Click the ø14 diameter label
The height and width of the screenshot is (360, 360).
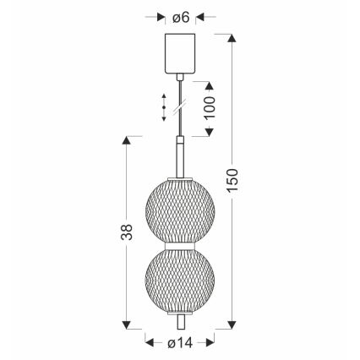point(179,343)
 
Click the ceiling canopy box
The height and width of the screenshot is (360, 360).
point(179,52)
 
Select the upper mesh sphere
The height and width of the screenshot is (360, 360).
point(179,210)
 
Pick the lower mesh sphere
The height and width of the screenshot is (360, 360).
point(179,281)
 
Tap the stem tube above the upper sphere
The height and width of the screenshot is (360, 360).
point(179,156)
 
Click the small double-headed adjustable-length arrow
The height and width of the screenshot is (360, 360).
point(163,107)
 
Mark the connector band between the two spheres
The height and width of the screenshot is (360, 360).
point(179,246)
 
